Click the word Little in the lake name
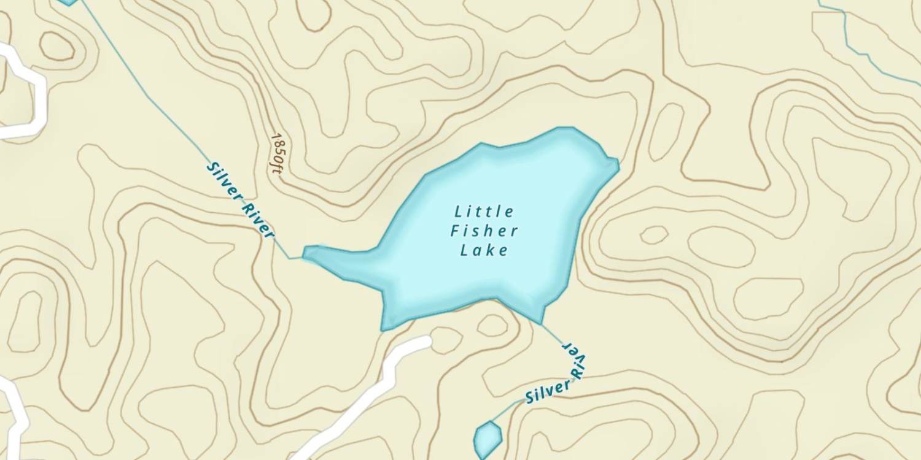(484, 212)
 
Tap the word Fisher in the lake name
(484, 231)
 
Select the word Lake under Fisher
(484, 250)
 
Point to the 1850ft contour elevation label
(277, 154)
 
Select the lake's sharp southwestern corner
(383, 329)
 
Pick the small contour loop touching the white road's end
(446, 339)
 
